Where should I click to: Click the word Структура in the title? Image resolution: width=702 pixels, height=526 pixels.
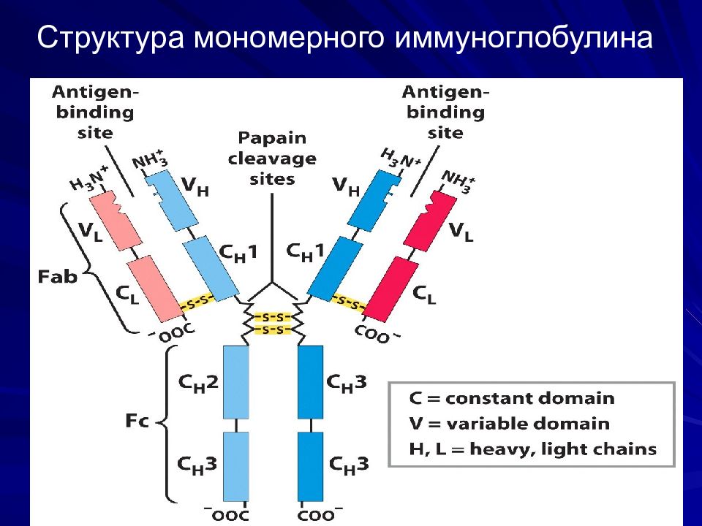[x=110, y=37]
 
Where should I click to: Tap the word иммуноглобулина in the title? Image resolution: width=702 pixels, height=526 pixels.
[x=524, y=37]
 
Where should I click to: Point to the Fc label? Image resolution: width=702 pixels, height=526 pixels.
[x=137, y=421]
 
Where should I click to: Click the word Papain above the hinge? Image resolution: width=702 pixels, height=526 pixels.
[x=272, y=138]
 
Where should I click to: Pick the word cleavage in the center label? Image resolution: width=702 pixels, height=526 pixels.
[x=272, y=159]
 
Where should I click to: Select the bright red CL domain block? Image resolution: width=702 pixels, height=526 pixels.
[x=392, y=289]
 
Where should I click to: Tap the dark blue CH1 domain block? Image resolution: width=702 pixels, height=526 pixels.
[x=336, y=268]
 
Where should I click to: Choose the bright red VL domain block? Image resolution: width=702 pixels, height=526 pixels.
[x=430, y=221]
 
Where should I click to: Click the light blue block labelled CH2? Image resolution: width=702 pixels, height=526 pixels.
[x=236, y=382]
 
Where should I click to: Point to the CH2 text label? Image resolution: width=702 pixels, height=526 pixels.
[x=198, y=384]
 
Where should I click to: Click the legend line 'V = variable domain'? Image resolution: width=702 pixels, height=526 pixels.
[x=509, y=424]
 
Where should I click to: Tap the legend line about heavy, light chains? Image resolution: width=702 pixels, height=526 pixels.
[x=532, y=449]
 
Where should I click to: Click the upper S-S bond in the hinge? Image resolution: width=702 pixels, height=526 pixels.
[x=273, y=318]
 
